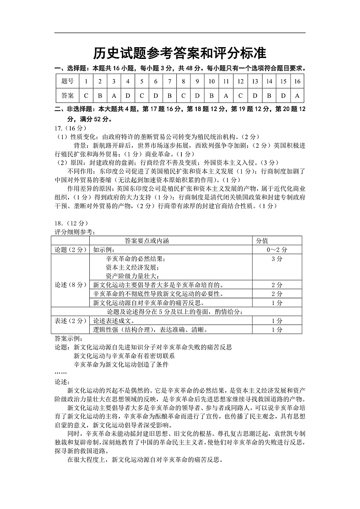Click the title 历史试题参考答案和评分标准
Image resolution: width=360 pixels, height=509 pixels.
click(180, 53)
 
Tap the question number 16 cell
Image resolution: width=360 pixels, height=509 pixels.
click(297, 81)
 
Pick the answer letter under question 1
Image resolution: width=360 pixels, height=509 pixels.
click(86, 96)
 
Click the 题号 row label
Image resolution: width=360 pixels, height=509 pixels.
click(67, 81)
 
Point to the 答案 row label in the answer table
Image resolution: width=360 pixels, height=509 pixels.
click(67, 96)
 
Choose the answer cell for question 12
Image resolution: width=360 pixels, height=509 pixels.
click(240, 96)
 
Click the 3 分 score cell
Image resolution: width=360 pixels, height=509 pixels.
click(277, 259)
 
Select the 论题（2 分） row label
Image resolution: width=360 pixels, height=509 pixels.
click(71, 249)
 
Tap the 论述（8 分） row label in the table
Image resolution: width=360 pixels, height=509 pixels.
click(71, 285)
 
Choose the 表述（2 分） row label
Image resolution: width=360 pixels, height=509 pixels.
click(71, 320)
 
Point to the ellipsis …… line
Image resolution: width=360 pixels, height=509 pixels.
click(60, 373)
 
